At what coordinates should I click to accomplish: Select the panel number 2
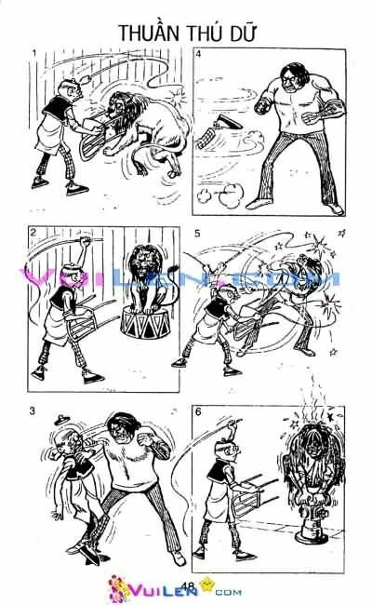click(33, 232)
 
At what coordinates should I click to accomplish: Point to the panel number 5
click(198, 232)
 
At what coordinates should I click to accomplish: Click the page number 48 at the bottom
click(187, 585)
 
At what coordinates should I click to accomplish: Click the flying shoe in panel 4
click(223, 126)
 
